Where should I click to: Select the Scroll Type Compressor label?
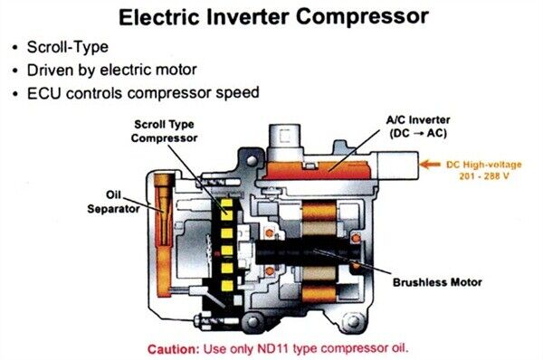pos(164,130)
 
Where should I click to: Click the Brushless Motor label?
pos(436,281)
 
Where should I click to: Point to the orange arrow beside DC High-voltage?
pos(433,166)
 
